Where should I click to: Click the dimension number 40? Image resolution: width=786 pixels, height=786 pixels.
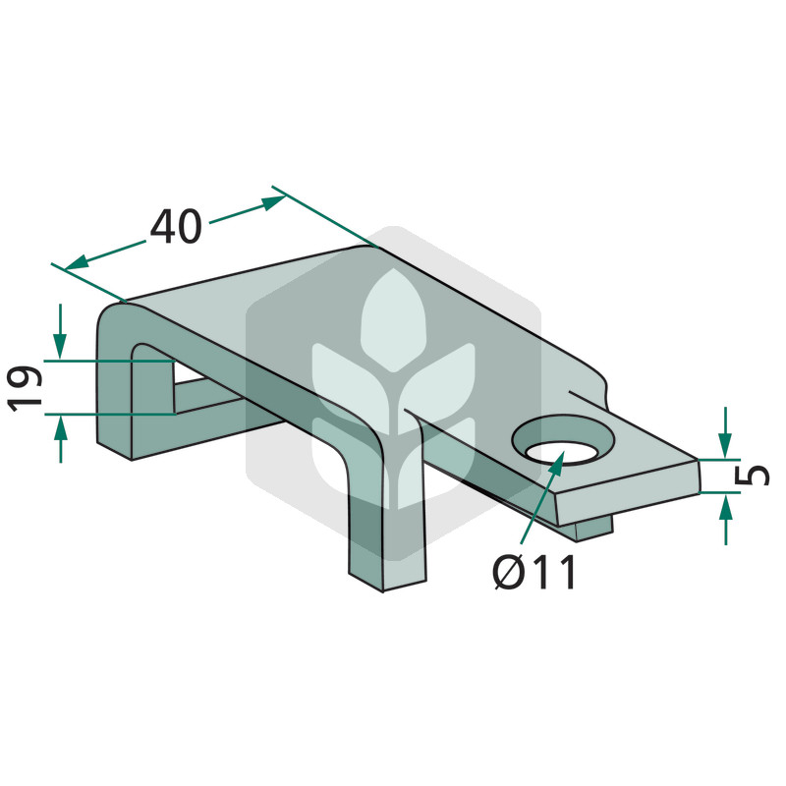coord(176,227)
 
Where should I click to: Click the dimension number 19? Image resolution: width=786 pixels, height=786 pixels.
coord(25,389)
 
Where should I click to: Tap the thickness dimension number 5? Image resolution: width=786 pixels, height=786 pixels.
coord(752,476)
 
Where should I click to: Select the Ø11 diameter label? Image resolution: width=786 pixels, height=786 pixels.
coord(534,572)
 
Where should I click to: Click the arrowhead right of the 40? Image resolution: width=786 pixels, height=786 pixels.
coord(274,202)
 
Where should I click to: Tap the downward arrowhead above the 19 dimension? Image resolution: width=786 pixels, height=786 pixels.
coord(60,348)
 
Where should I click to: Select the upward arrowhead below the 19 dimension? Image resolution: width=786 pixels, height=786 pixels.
coord(61,427)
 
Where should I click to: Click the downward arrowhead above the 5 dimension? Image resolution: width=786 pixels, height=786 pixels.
coord(725,446)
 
